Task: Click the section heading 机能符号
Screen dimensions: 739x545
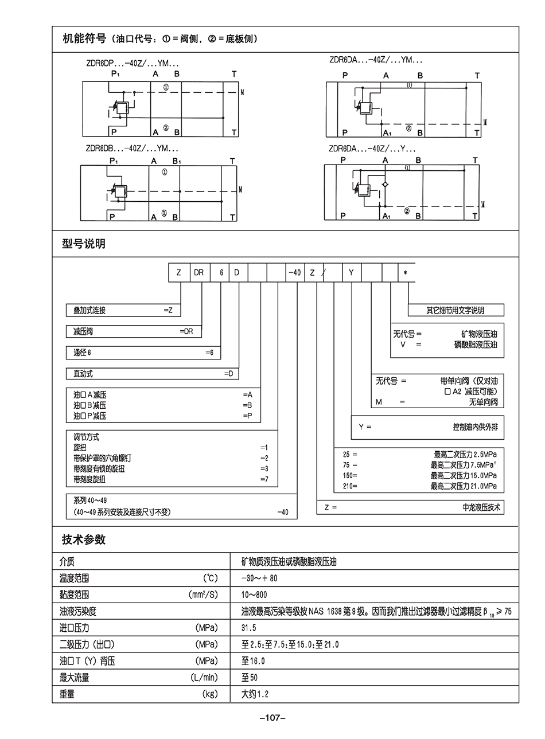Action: [84, 39]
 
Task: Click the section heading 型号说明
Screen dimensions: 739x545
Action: [84, 244]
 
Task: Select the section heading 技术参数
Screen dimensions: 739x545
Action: [84, 539]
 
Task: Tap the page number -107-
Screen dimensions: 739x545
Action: [272, 718]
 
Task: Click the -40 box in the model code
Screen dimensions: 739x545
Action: [294, 273]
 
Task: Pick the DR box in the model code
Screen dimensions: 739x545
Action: [198, 273]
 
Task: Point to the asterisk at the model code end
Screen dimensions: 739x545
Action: [406, 273]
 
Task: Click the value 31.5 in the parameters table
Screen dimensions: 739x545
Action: [249, 628]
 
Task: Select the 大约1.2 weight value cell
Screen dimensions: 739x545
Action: [255, 694]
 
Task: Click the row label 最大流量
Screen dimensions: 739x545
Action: [75, 678]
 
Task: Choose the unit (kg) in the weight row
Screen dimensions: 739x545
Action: [211, 694]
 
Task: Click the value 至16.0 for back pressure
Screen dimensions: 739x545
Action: [253, 661]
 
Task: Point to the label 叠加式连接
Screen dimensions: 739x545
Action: [89, 310]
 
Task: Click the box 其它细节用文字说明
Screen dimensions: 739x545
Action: [456, 310]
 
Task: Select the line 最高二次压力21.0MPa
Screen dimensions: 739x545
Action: [464, 486]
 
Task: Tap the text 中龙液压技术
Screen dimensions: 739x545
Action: [481, 507]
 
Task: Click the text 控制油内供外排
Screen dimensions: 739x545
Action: [475, 427]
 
